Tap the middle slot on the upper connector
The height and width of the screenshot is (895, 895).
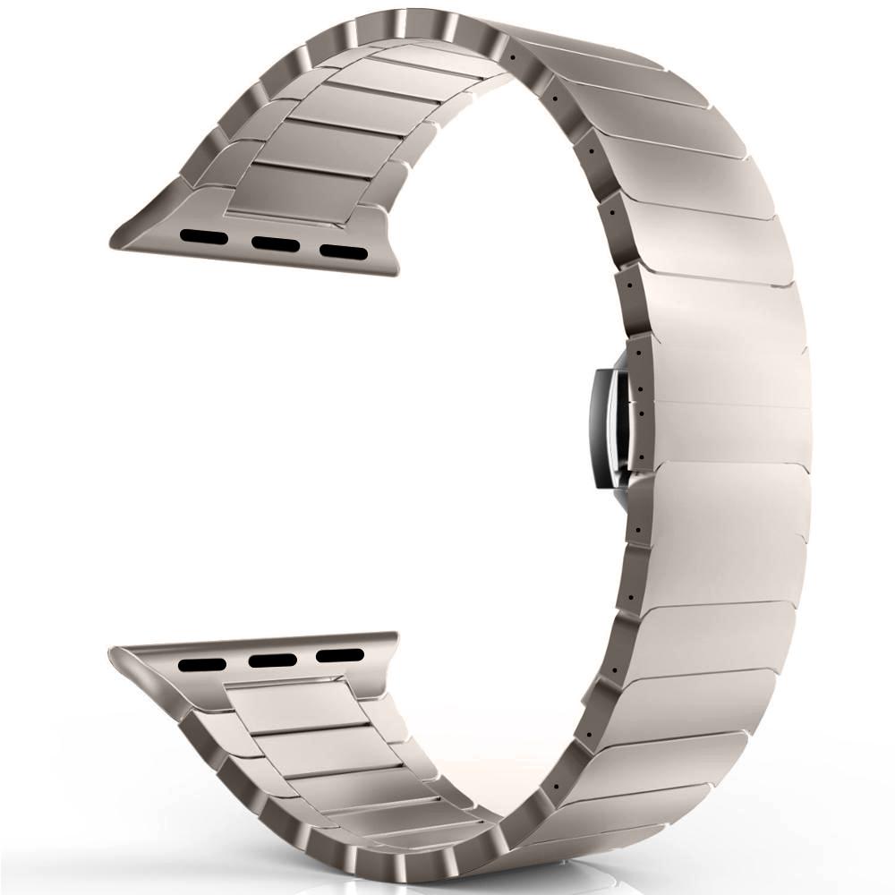pyautogui.click(x=275, y=243)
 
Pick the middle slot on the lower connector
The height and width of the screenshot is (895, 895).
pyautogui.click(x=273, y=661)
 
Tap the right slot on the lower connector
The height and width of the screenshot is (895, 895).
pyautogui.click(x=340, y=655)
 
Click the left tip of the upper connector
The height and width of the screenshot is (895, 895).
pyautogui.click(x=114, y=243)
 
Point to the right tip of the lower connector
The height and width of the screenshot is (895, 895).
pyautogui.click(x=396, y=637)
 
